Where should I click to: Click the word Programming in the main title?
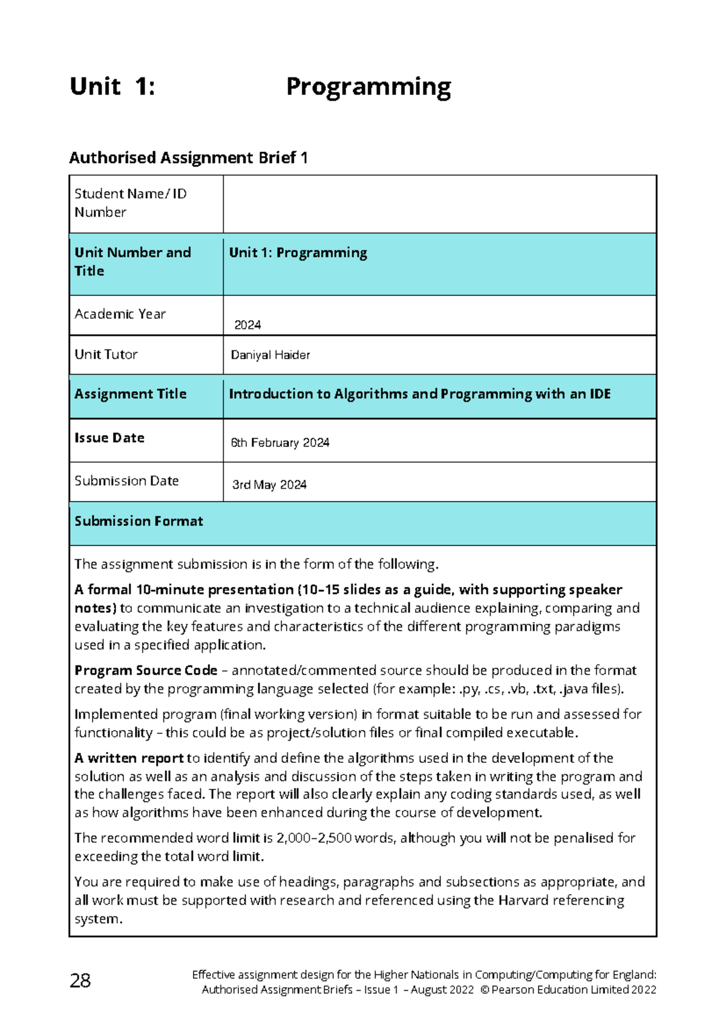pos(368,87)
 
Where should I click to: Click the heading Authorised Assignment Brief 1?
pos(188,158)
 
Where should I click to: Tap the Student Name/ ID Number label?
pos(130,203)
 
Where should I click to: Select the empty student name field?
pos(439,204)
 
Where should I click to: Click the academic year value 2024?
pos(247,325)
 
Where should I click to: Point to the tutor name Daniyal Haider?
pos(270,355)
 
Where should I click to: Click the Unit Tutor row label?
pos(106,355)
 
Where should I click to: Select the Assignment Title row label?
pos(130,394)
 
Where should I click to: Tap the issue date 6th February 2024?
pos(280,443)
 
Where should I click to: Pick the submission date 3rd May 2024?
pos(269,485)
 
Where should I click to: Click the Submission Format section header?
pos(139,521)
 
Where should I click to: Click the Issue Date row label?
pos(109,438)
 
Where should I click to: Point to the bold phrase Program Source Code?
pos(145,670)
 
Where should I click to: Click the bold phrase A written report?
pos(129,758)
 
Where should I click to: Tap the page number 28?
pos(80,981)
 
